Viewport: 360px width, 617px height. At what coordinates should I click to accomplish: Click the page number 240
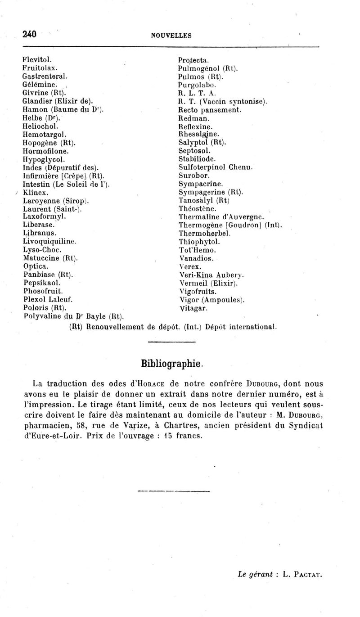pos(29,34)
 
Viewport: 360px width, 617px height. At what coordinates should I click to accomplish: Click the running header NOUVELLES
pos(171,35)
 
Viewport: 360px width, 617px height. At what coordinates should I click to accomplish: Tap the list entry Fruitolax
pos(39,68)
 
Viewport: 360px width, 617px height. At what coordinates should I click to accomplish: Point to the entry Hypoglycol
pos(44,159)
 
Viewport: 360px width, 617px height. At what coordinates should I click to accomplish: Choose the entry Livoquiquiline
pos(49,242)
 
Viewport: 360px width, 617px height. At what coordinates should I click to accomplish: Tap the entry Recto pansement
pos(210,110)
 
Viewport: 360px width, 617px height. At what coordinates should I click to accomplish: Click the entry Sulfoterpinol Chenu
pos(216,167)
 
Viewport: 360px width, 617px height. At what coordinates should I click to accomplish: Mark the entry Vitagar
pos(193,308)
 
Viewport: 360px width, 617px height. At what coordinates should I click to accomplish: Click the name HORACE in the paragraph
pos(151,384)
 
